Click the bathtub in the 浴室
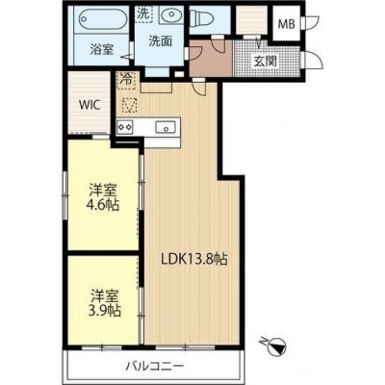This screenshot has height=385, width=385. tap(103, 19)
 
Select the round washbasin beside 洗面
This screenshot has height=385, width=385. tap(170, 14)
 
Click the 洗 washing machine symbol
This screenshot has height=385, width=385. tap(142, 14)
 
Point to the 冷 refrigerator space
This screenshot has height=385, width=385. tap(126, 81)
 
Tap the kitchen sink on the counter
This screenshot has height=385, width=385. tap(166, 127)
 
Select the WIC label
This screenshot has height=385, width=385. tap(90, 105)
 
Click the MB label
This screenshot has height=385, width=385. tap(286, 24)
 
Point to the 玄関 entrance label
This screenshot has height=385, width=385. tap(266, 61)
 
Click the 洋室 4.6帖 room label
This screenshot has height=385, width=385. tap(104, 197)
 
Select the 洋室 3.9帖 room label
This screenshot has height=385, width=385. tap(105, 303)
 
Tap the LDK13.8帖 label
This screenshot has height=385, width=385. tap(194, 259)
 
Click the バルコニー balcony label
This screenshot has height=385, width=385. tap(155, 366)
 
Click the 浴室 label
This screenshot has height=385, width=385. tap(102, 50)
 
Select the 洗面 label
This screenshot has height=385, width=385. tap(160, 40)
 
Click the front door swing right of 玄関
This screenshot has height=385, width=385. tap(313, 60)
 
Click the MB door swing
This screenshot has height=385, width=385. tap(310, 23)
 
